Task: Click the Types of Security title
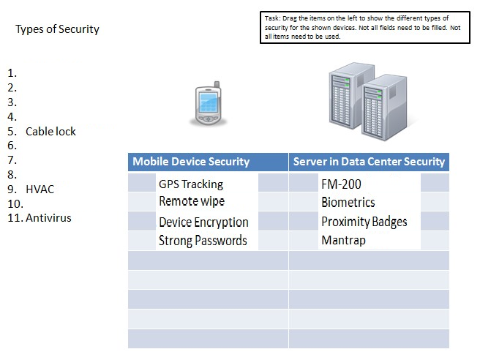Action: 57,29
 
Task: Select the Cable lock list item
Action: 50,131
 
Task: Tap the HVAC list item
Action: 40,190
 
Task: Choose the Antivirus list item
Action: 48,218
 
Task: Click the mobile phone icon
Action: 208,103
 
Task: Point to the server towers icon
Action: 368,102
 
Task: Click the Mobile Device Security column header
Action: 191,162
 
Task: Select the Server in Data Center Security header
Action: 369,162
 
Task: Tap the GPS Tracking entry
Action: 191,184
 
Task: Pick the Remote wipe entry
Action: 192,201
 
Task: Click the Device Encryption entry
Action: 203,222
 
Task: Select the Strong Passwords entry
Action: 203,241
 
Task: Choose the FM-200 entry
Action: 341,184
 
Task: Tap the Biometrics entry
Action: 348,203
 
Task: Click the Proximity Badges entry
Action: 364,222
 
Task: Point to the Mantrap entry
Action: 343,240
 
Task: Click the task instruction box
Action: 365,28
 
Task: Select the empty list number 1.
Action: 12,73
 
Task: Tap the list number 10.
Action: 15,204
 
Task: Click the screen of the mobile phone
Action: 208,102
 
